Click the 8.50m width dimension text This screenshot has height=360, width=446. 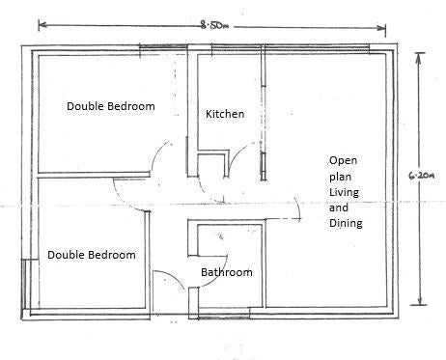click(214, 25)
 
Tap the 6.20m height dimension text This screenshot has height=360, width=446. click(422, 176)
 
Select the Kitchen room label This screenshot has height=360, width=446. click(225, 114)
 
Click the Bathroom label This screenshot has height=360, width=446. click(227, 272)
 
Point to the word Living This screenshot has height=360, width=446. click(344, 192)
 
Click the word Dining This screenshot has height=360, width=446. click(346, 223)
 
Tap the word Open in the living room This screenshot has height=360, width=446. click(343, 161)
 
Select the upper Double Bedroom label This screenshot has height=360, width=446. click(111, 106)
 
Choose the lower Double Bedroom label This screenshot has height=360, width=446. click(92, 255)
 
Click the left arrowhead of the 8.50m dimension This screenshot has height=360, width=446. click(42, 25)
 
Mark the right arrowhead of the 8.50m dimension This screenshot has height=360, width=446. click(381, 28)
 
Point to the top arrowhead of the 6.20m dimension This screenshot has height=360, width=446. click(418, 57)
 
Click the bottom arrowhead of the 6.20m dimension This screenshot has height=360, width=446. click(420, 300)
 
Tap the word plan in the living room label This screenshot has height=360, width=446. click(340, 177)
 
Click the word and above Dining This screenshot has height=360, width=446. click(339, 208)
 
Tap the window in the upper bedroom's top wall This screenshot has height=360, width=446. click(163, 47)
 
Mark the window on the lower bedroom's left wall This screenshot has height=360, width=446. click(24, 284)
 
